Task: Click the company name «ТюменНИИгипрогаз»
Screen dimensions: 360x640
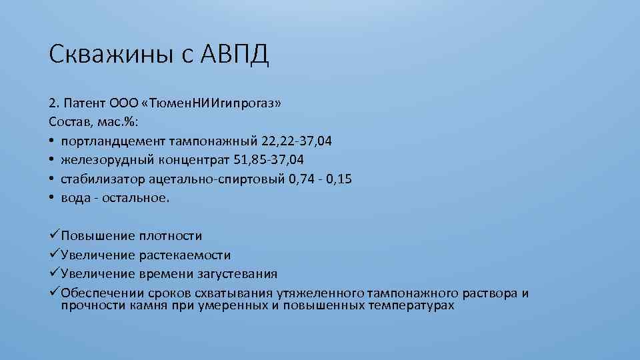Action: (x=212, y=103)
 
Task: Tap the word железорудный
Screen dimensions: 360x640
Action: (x=103, y=160)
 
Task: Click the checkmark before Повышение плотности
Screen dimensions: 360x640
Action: (x=54, y=235)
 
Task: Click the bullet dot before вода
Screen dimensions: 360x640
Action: (x=51, y=198)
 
